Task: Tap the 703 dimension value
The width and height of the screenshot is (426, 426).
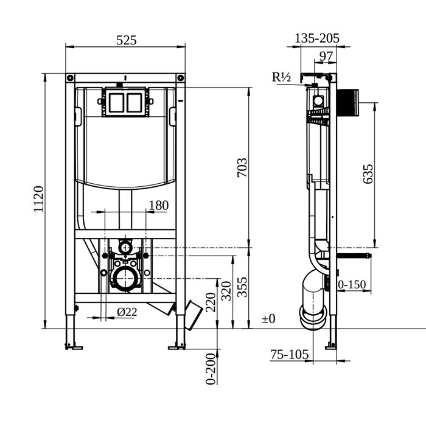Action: click(x=242, y=167)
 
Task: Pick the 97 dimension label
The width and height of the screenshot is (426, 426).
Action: click(x=326, y=57)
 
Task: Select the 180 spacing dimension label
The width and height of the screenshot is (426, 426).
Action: click(x=158, y=206)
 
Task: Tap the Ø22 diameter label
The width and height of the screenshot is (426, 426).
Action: click(x=126, y=312)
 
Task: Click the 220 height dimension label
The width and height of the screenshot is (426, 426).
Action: click(x=211, y=302)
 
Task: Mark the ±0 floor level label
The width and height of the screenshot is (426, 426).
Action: click(x=268, y=318)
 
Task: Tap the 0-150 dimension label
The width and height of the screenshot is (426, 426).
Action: click(x=352, y=283)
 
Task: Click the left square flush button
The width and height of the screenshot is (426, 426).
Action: click(x=115, y=102)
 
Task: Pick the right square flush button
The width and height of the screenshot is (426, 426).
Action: click(x=134, y=102)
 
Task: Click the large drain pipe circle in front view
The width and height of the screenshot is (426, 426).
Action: click(x=125, y=279)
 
